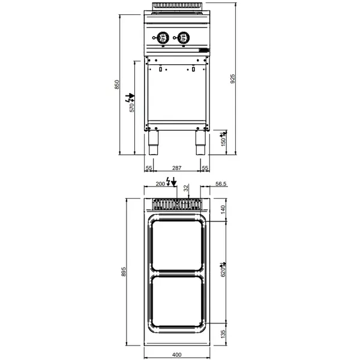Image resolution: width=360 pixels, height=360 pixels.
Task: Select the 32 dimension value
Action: (186, 187)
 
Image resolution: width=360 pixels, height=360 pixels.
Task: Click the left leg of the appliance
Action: (154, 142)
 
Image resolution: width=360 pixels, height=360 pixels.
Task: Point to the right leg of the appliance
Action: (200, 142)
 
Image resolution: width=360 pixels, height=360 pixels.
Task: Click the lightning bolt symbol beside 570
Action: (128, 97)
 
